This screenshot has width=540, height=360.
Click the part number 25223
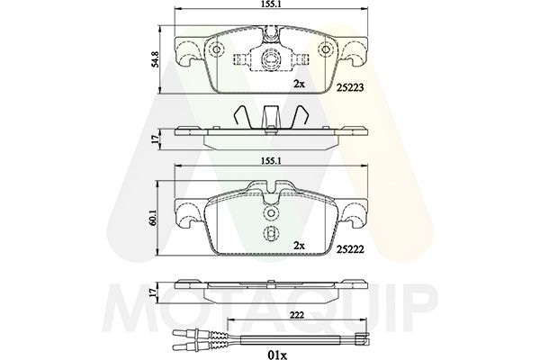coord(350,88)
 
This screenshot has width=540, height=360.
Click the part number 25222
coord(350,249)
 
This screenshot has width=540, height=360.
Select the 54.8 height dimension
coord(156,58)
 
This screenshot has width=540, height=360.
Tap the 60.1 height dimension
coord(153,218)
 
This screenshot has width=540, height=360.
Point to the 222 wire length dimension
coord(296,315)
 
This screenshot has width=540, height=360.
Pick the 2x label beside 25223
coord(299,84)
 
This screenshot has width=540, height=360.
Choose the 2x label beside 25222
coord(299,246)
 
